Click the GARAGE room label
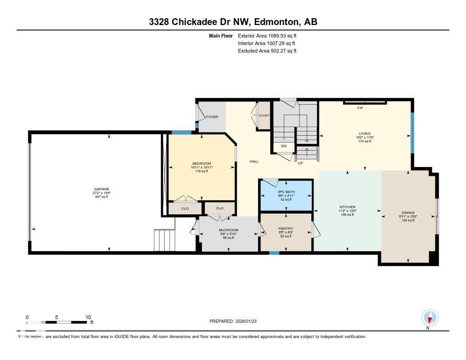coord(101,189)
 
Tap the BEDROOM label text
coord(202,163)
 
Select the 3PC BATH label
coord(286,192)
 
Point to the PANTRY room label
coord(286,228)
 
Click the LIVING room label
coord(365,133)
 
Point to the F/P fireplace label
coord(360,108)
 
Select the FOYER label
coord(212,117)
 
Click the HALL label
coord(254,162)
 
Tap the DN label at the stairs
coord(284,146)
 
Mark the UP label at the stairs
coord(300,162)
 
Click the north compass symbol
coord(430,317)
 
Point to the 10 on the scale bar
coord(88,317)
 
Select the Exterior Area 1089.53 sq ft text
coord(267,35)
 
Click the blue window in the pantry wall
coord(274,253)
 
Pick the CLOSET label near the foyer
coord(264,116)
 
